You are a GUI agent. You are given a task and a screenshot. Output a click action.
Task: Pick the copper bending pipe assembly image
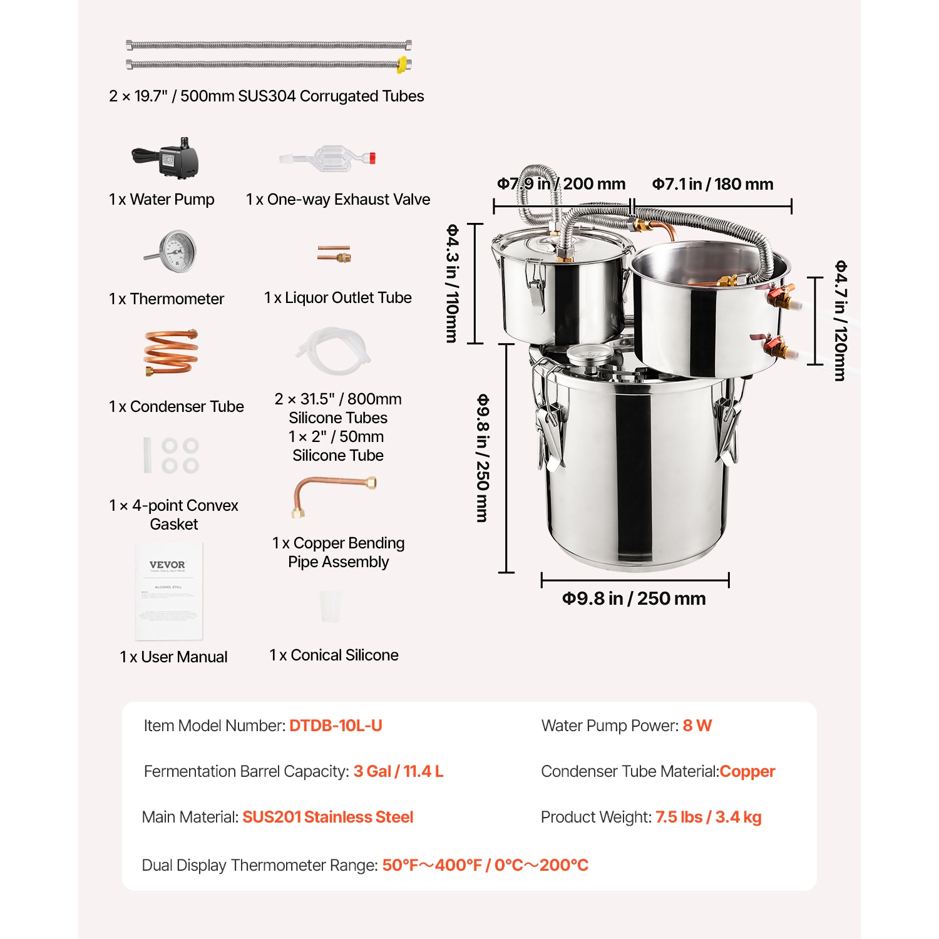[333, 495]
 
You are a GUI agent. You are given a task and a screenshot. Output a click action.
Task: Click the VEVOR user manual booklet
[169, 592]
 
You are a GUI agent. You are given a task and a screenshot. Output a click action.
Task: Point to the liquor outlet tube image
[334, 254]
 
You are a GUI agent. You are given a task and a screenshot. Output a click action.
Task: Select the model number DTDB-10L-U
[336, 726]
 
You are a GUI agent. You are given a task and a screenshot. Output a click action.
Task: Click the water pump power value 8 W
[697, 726]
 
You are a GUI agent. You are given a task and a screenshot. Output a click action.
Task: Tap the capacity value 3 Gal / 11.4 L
[398, 771]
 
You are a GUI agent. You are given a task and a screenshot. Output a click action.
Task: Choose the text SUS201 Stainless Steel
[327, 817]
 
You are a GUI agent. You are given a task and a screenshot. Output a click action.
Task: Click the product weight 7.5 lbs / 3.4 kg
[708, 817]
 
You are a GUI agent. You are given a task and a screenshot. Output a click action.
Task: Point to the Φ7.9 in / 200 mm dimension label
[561, 184]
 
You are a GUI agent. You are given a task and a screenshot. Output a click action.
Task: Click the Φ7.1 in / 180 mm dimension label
[712, 184]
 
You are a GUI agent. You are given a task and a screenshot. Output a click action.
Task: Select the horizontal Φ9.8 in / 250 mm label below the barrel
[634, 598]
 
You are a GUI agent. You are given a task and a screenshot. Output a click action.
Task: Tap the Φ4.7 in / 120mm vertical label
[840, 321]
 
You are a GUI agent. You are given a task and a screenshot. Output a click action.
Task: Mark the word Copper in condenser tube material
[747, 771]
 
